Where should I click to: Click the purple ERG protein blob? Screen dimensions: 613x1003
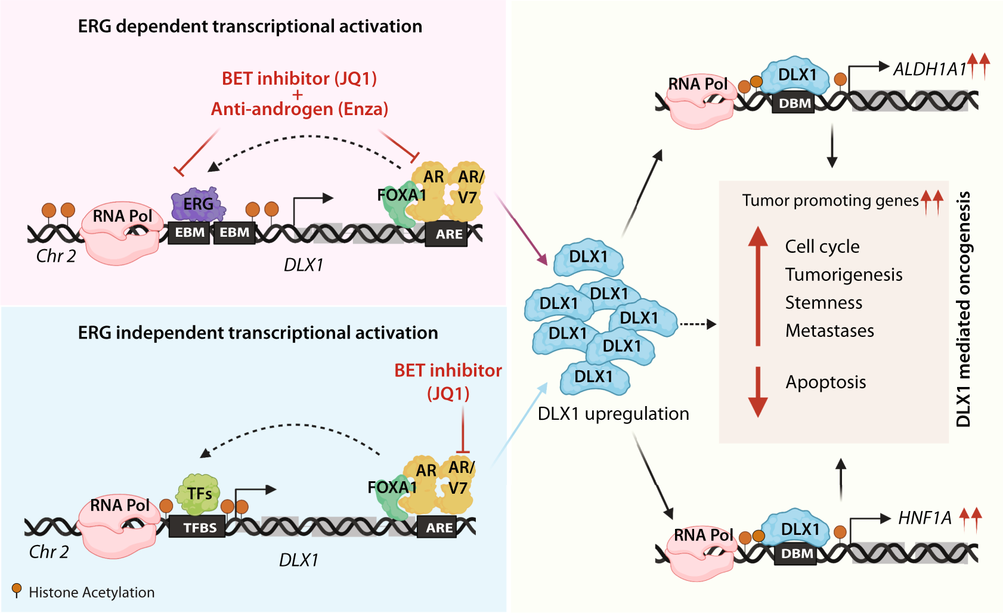197,205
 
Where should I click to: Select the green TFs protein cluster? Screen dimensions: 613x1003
199,494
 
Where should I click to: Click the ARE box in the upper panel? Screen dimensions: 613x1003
448,234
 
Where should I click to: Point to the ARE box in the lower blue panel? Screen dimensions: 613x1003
439,528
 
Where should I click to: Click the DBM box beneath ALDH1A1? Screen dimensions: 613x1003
794,104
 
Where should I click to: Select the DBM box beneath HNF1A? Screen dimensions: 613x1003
797,554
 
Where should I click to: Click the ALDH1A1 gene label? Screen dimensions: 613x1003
929,70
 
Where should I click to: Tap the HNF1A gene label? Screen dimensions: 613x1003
924,518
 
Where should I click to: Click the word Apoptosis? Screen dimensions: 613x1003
825,382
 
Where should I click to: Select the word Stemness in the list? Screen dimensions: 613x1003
823,303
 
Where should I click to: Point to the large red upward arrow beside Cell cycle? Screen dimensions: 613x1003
758,286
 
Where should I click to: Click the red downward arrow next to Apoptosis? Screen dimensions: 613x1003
758,392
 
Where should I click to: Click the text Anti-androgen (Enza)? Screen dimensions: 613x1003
299,109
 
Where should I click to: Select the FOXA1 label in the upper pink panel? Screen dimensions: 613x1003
401,195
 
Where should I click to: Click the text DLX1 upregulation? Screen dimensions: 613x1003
613,414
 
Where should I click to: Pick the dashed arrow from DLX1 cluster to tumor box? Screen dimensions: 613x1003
698,324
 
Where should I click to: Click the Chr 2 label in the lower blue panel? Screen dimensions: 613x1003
49,552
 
